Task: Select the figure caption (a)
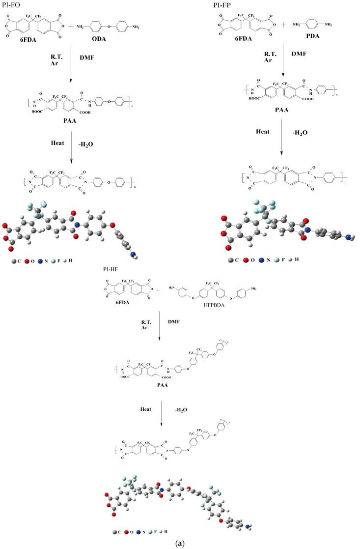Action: pos(180,543)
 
